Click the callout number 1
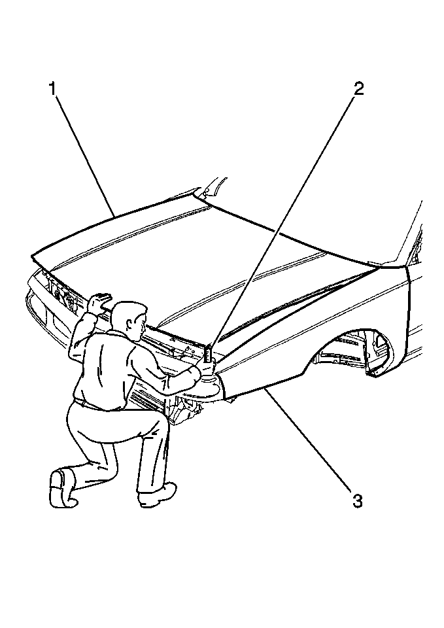(52, 88)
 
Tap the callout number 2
(358, 88)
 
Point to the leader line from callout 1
(85, 156)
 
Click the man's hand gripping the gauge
(208, 366)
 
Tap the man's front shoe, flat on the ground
(157, 495)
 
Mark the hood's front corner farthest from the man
(33, 256)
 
